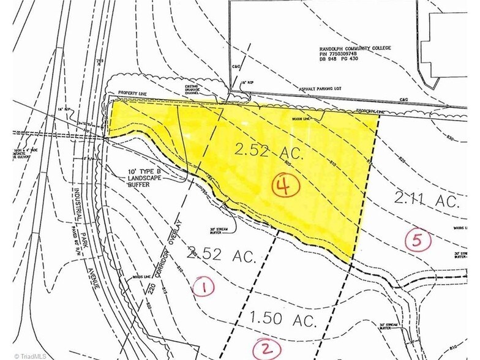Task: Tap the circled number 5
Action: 419,241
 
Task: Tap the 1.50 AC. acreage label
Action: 283,320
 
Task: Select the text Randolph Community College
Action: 345,48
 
